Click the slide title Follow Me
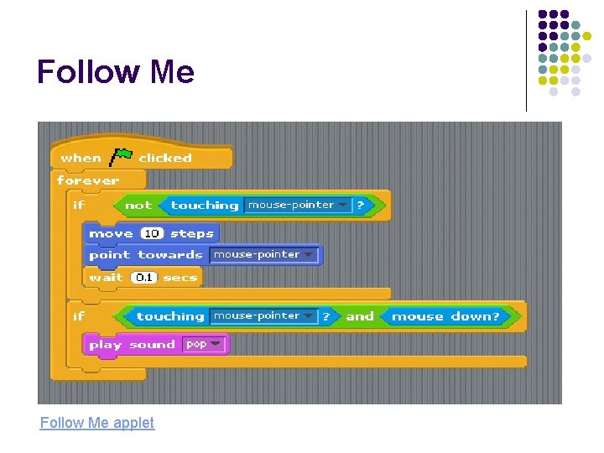(116, 72)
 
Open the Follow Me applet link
(97, 423)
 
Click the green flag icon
(122, 156)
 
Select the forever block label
(88, 180)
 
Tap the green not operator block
(138, 206)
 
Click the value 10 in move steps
(152, 233)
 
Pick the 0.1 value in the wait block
(144, 277)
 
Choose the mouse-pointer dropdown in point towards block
(263, 255)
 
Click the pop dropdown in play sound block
(205, 345)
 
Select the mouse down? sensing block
(445, 316)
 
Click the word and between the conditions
(360, 316)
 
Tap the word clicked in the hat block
(164, 158)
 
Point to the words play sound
(132, 345)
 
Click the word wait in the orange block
(106, 277)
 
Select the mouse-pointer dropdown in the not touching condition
(297, 206)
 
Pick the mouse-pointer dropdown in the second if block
(263, 316)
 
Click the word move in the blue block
(111, 233)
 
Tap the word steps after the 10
(192, 233)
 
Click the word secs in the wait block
(180, 277)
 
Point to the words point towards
(146, 255)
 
